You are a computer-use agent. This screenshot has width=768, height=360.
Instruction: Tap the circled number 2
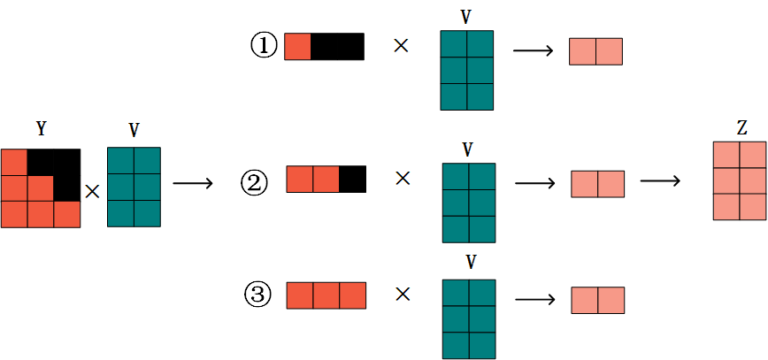pos(254,183)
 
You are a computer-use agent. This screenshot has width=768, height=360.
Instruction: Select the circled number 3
pos(257,295)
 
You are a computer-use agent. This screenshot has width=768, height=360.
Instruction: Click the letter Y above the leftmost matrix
pos(41,129)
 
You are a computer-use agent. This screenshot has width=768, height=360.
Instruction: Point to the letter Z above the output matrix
pos(741,129)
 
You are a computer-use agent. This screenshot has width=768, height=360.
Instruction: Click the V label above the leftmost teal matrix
pos(134,131)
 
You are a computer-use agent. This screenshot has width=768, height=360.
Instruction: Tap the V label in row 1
pos(466,16)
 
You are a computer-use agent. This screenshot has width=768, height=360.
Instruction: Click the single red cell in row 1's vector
pos(297,47)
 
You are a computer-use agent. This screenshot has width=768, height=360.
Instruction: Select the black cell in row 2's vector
pos(353,180)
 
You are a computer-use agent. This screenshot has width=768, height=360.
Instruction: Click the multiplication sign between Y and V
pos(92,190)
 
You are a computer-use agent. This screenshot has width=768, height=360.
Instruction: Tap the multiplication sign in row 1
pos(401,47)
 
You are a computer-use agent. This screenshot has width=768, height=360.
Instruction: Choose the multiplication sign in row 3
pos(403,295)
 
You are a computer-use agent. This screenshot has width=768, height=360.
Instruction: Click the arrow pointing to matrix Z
pos(659,181)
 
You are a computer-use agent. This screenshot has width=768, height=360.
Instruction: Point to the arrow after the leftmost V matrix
pos(192,183)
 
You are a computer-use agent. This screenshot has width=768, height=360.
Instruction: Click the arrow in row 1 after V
pos(532,51)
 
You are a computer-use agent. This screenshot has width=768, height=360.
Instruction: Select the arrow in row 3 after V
pos(534,300)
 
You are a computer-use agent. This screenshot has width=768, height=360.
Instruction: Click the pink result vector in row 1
pos(595,51)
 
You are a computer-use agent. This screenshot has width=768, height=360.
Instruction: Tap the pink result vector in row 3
pos(597,300)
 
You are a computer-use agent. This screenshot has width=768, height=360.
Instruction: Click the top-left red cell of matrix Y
pos(14,163)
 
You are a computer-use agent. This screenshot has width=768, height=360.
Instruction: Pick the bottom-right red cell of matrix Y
pos(67,215)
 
